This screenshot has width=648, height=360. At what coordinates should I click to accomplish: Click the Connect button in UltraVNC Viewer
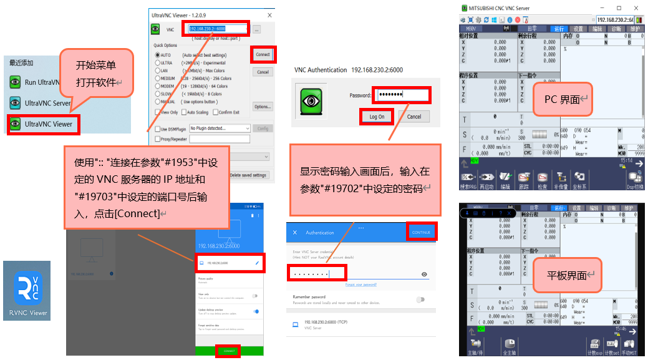point(263,54)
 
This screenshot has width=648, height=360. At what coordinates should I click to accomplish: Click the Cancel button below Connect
point(263,72)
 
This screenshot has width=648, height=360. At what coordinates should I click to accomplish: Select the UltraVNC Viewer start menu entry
point(49,124)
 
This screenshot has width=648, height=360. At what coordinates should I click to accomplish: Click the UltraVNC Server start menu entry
point(47,103)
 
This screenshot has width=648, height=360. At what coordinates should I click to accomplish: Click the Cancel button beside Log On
point(414,117)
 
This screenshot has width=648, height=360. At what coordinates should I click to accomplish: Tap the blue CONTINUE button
point(421,232)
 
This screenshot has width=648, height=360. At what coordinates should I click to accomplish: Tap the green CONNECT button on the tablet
point(229,351)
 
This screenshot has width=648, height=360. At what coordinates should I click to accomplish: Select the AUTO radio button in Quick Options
point(158,55)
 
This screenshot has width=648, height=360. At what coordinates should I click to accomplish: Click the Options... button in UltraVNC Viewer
point(263,107)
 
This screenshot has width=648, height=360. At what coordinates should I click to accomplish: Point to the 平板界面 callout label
point(566,275)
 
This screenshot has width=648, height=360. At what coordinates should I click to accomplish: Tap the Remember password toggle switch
point(420,299)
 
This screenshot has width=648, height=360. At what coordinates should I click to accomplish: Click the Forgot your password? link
point(361,285)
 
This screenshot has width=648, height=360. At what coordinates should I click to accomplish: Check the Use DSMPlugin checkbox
point(158,129)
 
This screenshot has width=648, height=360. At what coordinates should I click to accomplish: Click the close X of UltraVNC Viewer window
point(269,14)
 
